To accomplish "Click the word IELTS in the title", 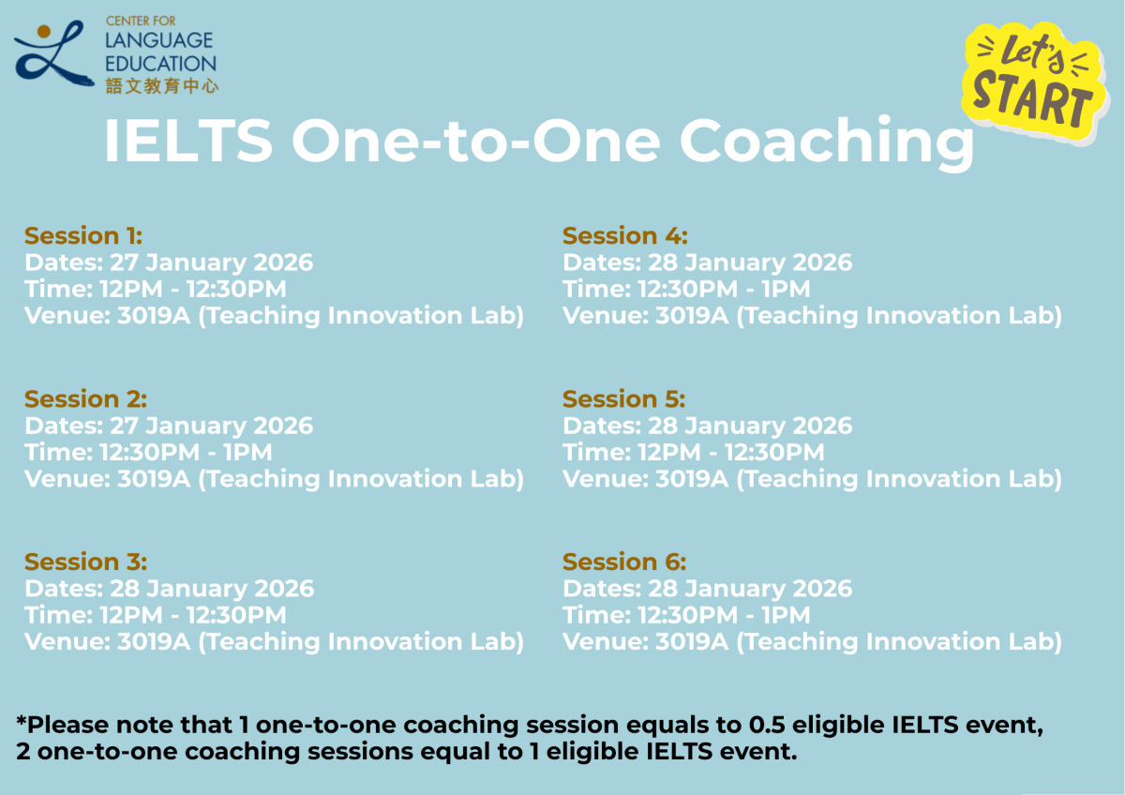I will (x=187, y=141).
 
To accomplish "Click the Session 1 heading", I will (x=83, y=235).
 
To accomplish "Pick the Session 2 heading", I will (x=85, y=398).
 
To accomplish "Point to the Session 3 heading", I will (x=85, y=562).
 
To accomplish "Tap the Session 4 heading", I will (x=624, y=235).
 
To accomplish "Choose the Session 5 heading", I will (x=623, y=398).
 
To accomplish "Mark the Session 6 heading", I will (x=624, y=562).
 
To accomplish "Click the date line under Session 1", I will (x=169, y=262).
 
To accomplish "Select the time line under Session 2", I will (x=155, y=452).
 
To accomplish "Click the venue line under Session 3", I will (x=274, y=641).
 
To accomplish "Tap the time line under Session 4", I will (x=686, y=289).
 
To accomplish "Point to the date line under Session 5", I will (x=707, y=426).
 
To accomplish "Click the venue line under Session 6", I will (x=812, y=641).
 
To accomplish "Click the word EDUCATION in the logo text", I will (x=161, y=64).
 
